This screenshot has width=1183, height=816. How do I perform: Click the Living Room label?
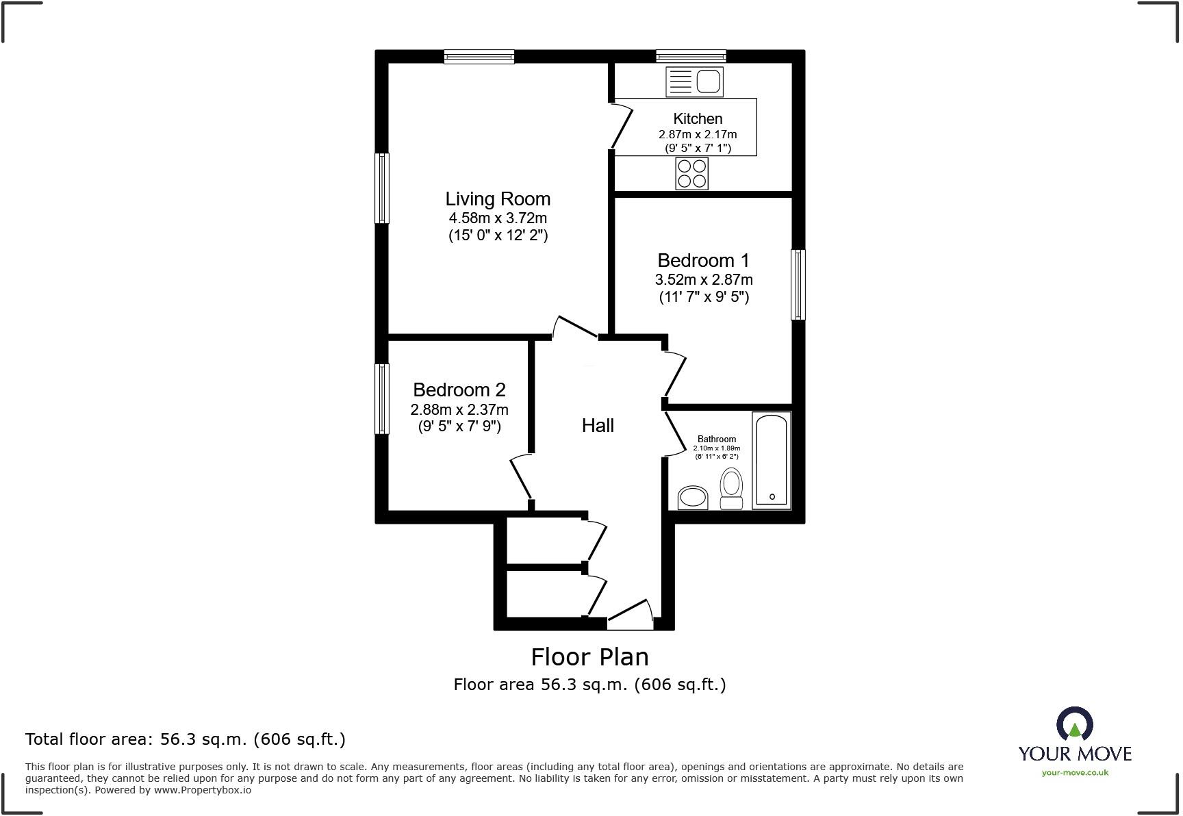498,199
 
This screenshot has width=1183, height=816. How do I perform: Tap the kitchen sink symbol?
694,82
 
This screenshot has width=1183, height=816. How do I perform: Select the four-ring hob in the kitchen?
691,173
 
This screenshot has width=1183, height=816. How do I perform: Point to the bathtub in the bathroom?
772,460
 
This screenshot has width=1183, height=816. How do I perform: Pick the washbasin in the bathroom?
692,498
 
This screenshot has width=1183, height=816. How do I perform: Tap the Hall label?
598,426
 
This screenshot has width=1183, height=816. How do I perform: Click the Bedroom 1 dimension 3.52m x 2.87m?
704,280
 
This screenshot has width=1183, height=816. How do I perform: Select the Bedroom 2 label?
459,390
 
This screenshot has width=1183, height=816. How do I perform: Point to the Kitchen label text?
698,118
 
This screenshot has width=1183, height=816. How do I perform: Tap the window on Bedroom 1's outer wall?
798,285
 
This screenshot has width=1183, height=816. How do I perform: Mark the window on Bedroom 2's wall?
382,398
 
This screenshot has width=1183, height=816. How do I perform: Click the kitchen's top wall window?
691,57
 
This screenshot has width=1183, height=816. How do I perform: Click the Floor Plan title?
589,657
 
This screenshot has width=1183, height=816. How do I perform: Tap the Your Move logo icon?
1074,724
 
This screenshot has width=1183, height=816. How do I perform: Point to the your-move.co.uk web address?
1075,773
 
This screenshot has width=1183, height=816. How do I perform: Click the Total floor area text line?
185,739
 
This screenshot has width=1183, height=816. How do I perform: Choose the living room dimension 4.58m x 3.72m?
498,218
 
